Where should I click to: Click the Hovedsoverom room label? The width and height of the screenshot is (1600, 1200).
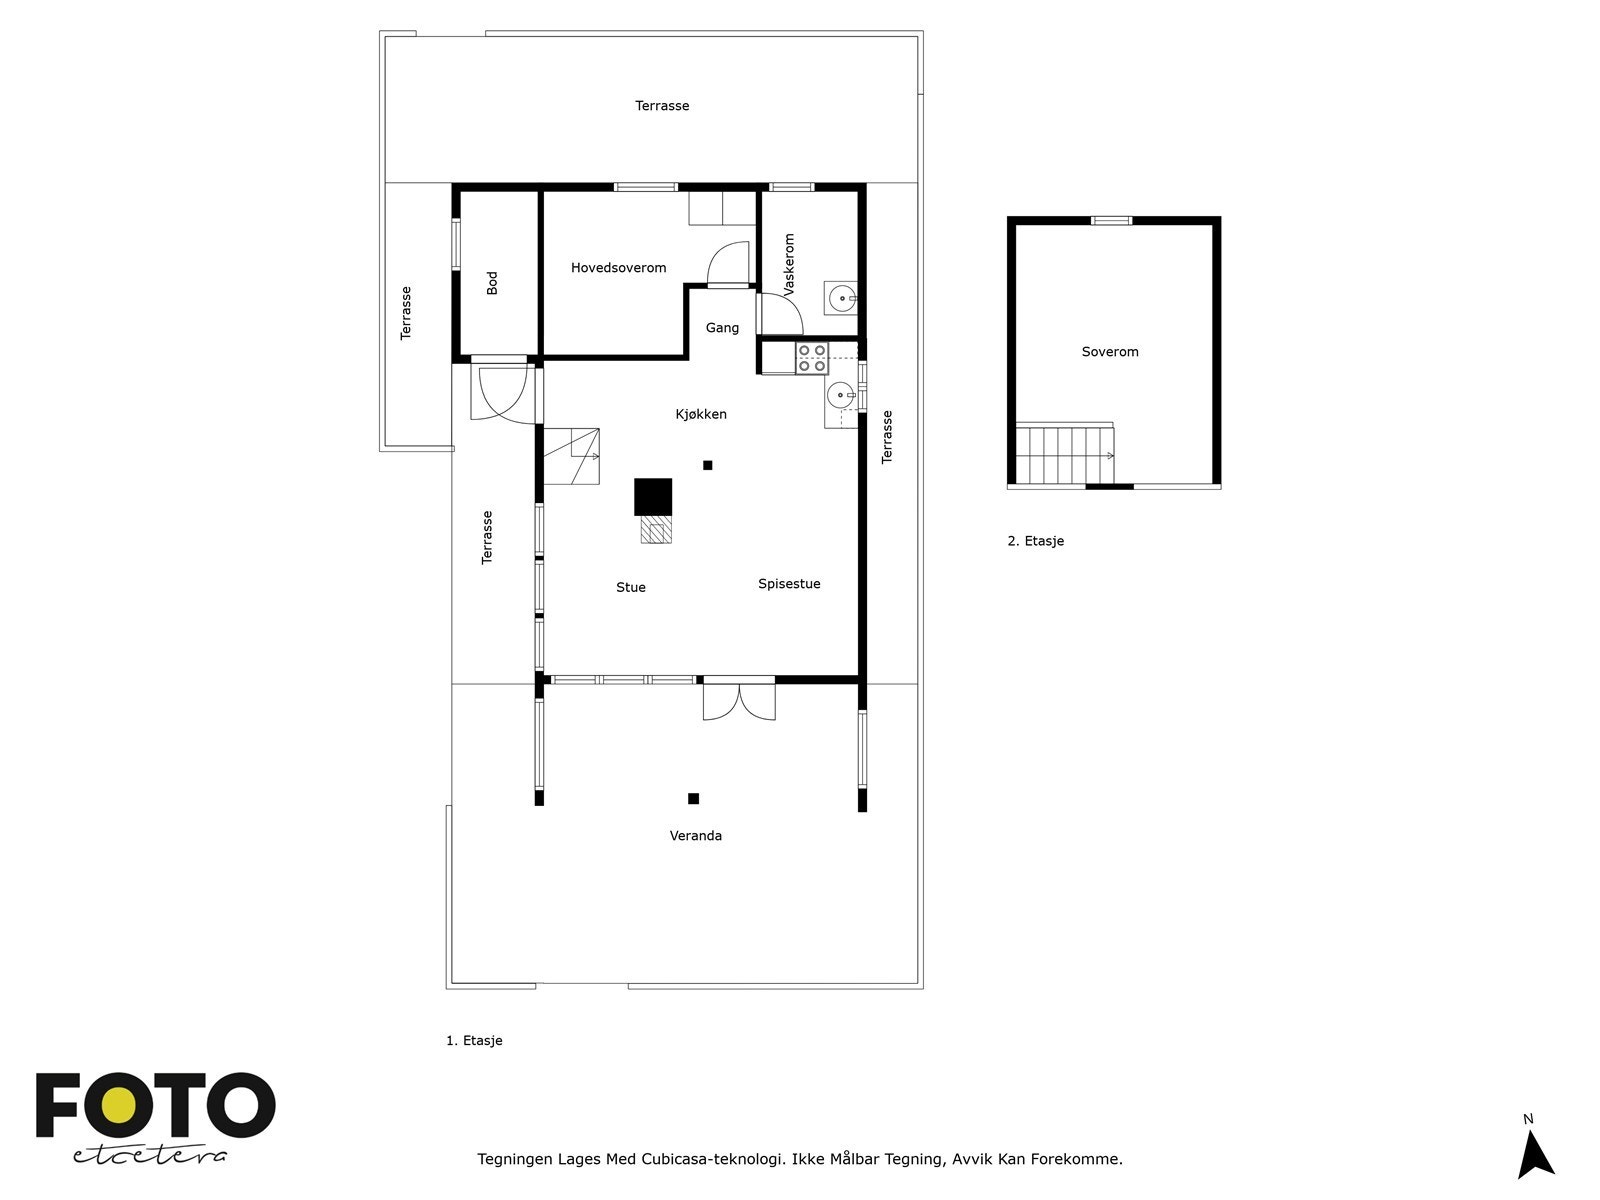(618, 268)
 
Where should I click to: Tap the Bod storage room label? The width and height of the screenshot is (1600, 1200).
(492, 283)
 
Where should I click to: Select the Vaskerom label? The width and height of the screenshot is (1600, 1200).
(789, 264)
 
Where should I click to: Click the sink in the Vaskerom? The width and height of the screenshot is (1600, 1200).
(842, 297)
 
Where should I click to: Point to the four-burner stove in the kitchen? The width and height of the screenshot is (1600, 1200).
(812, 358)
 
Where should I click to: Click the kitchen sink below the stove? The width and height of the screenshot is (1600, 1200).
(840, 396)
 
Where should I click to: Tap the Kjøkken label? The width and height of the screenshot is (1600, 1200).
(701, 414)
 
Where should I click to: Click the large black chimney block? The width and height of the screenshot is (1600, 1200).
(653, 497)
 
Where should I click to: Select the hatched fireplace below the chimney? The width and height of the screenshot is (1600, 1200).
(655, 530)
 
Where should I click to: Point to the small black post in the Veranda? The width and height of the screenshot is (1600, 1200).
(693, 798)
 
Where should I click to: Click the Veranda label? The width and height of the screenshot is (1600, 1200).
(696, 836)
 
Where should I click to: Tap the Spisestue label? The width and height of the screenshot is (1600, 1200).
(789, 584)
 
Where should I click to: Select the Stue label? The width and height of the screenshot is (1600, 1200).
(631, 588)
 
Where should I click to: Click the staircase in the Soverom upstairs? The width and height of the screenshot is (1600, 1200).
(1064, 455)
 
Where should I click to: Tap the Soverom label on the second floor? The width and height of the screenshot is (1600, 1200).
(1110, 352)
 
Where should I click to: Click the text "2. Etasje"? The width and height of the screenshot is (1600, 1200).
(1036, 541)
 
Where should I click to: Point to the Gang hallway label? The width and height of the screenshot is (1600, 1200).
(722, 328)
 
